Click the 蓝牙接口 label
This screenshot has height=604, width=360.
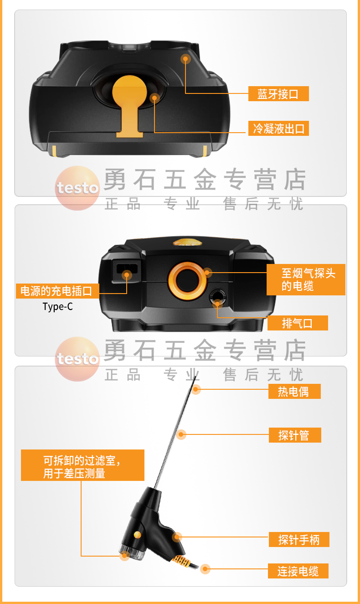278,94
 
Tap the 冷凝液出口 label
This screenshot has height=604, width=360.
278,129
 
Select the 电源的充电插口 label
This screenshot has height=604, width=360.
57,291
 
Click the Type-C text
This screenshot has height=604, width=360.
57,306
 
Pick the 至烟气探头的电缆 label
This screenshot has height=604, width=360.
306,279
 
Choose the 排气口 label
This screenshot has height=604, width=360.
297,323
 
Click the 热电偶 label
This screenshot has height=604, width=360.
293,392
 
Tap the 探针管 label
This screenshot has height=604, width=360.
294,435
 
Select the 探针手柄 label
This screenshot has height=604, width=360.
299,540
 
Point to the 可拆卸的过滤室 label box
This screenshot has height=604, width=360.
82,465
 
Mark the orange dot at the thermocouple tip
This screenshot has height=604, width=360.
196,389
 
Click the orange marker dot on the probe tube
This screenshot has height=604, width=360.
182,434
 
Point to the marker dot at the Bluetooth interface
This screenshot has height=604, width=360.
185,59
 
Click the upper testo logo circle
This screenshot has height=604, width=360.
77,188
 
